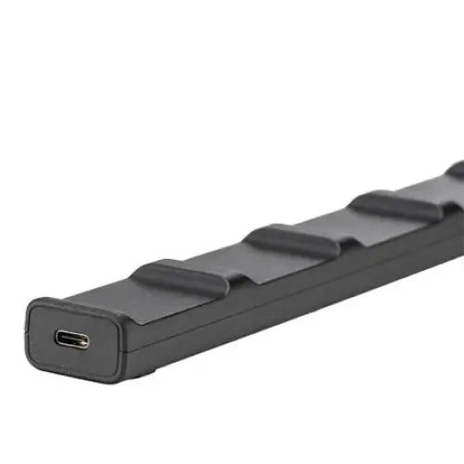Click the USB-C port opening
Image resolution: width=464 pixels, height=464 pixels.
coord(71,339)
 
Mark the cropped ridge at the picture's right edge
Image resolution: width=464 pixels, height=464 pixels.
coord(456,171)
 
